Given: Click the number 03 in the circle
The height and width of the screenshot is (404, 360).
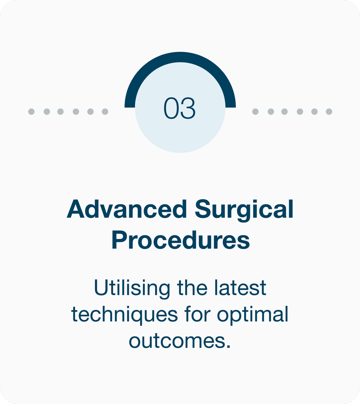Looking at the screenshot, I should pos(180,108).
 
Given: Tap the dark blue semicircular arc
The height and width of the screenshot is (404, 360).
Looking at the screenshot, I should pos(180,57).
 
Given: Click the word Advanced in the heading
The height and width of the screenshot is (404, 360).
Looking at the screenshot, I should pos(127,209).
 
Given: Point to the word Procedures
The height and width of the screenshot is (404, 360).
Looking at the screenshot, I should pos(180,241).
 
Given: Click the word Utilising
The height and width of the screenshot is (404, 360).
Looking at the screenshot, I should pos(132,288).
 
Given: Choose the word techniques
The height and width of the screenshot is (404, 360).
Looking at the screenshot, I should pos(125,315).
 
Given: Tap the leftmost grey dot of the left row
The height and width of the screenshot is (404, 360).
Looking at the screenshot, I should pos(31,112).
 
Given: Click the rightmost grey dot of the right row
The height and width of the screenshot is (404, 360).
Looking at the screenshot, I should pos(329,112).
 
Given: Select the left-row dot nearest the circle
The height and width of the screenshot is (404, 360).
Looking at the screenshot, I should pos(105,112).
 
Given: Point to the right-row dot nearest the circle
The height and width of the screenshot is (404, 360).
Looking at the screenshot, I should pos(255,112).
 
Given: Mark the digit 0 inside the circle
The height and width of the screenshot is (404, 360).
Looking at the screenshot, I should pos(171,108).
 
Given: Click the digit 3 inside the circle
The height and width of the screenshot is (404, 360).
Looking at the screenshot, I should pos(188,108).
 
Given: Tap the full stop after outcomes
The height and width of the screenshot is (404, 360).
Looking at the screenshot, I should pos(228,346).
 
